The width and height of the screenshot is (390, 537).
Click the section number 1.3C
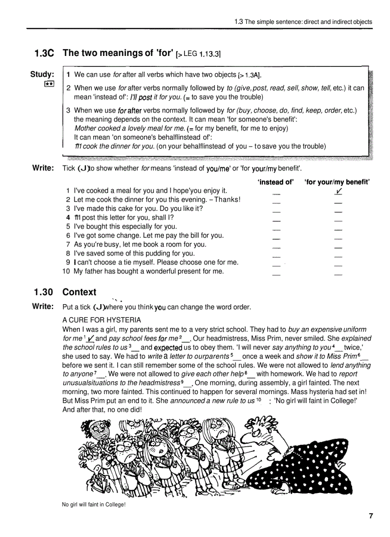(43, 54)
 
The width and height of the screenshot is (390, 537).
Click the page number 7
(371, 515)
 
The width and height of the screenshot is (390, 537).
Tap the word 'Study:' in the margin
(42, 74)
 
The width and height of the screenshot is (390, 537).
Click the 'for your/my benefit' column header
(337, 182)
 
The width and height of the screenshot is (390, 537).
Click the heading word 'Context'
(79, 292)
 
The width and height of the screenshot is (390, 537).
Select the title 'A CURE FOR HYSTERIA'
(102, 320)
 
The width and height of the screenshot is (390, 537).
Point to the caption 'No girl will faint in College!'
(94, 504)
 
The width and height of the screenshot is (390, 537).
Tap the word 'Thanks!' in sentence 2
(227, 199)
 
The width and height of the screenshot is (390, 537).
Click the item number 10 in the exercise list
(66, 271)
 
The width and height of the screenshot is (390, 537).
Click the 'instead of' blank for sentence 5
(276, 230)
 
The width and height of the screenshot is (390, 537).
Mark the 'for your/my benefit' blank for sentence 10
(338, 274)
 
